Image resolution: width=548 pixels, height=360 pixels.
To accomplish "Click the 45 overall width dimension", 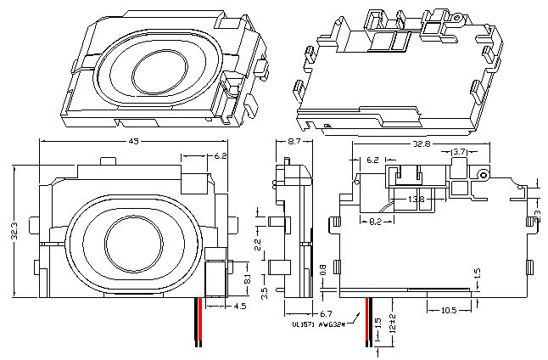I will [x=133, y=142].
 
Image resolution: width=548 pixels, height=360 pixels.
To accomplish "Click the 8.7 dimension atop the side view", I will [x=295, y=142].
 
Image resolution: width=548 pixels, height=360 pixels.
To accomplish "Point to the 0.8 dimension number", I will [x=323, y=270].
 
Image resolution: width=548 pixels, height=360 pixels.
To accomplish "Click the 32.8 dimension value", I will [x=422, y=144].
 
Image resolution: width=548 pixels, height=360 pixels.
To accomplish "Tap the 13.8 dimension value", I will [x=416, y=200].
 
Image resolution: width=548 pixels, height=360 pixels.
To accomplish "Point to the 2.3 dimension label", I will [x=537, y=206].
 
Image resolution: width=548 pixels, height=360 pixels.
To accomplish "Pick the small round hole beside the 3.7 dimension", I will [x=484, y=173].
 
